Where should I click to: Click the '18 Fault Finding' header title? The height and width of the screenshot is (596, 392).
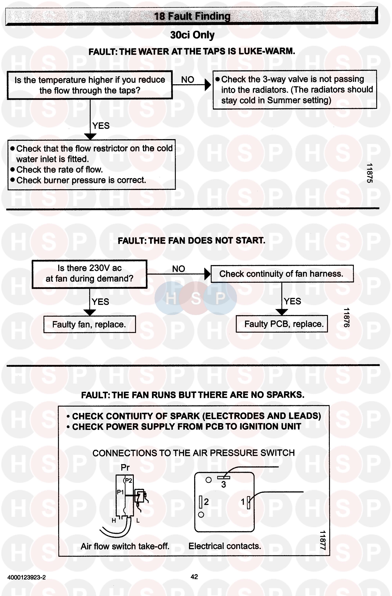tap(192, 16)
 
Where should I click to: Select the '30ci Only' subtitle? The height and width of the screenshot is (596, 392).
tap(192, 35)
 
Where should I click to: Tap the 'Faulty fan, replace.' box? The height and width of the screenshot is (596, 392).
tap(89, 324)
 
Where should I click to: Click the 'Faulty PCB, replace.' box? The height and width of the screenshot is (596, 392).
tap(282, 324)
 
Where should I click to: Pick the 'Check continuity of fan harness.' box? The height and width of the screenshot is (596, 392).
tap(282, 274)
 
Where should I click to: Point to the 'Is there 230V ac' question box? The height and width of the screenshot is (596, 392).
tap(89, 274)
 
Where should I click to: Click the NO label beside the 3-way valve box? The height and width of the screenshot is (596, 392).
tap(188, 80)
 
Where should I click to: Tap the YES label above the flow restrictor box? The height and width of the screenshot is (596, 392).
tap(101, 126)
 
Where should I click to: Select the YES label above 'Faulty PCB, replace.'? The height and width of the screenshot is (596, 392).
tap(292, 301)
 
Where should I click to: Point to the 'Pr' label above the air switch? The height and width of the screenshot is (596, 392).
tap(125, 468)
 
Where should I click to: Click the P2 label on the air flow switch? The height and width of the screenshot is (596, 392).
tap(128, 481)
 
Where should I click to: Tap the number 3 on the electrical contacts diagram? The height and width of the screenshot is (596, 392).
tap(224, 485)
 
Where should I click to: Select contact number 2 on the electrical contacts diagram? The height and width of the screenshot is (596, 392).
tap(206, 502)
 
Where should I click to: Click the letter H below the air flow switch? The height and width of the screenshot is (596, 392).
tap(114, 521)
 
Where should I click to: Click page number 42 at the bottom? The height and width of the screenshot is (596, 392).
tap(194, 577)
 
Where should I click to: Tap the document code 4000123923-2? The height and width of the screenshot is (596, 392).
tap(27, 577)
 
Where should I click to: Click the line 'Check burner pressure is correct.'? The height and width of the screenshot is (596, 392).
tap(81, 180)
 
